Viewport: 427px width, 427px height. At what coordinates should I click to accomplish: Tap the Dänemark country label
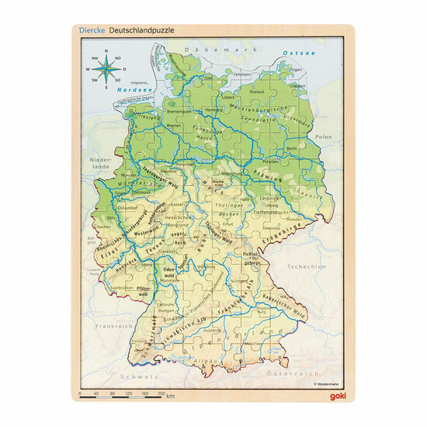pos(201,47)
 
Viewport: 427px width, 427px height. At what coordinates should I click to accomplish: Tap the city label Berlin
pos(292,148)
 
